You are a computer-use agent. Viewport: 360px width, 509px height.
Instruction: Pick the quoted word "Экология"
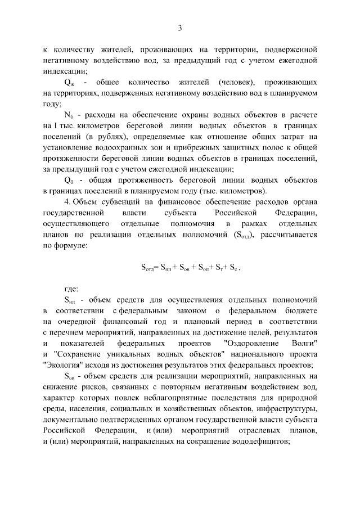(x=63, y=365)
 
